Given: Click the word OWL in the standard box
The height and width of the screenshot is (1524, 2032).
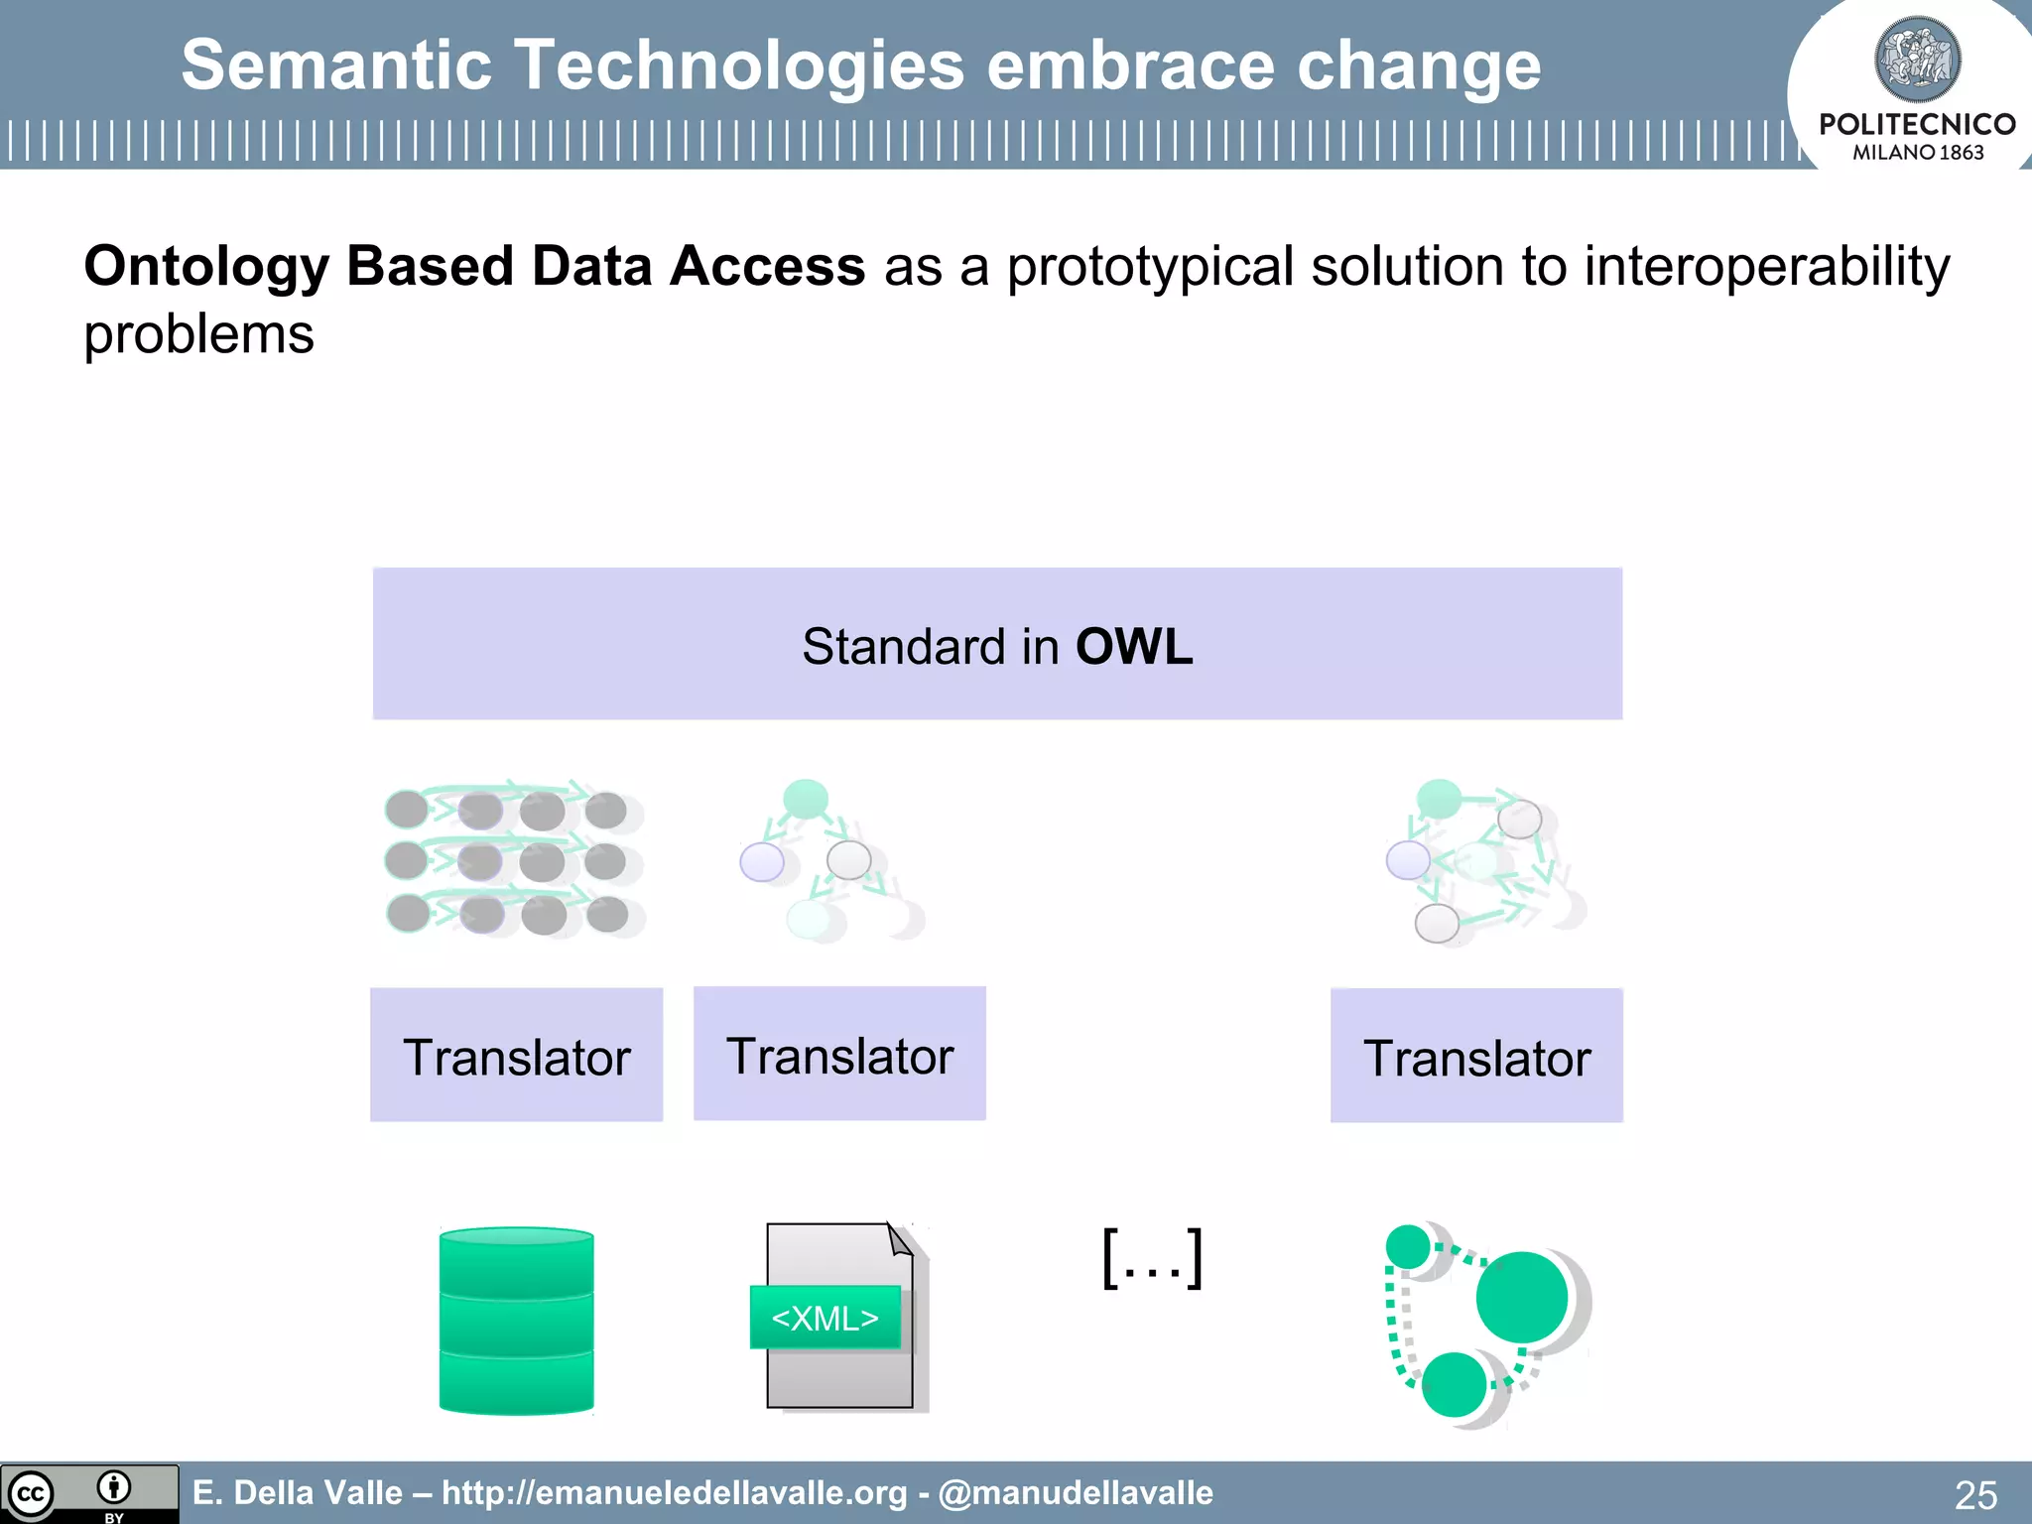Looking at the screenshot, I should click(1133, 647).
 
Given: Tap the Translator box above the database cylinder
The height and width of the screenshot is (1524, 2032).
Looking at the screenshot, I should click(516, 1056).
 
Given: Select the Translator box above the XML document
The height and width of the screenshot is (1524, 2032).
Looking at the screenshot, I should click(839, 1054).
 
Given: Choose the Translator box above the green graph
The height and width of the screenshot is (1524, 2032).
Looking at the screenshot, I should click(1476, 1056).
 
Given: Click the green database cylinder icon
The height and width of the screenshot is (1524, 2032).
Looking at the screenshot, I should click(516, 1320).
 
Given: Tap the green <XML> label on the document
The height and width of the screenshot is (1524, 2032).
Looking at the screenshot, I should click(825, 1318).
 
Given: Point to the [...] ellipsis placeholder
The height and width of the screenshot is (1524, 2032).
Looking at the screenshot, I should click(1153, 1258).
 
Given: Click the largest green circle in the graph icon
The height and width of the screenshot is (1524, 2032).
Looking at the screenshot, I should click(1521, 1297).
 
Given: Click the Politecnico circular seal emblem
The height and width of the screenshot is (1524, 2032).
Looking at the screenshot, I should click(1917, 60).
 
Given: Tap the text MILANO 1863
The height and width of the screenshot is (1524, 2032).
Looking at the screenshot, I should click(1917, 153).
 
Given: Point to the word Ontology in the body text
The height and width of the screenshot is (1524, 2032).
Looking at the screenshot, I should click(206, 267).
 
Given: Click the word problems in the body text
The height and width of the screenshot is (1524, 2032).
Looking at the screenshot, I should click(198, 334).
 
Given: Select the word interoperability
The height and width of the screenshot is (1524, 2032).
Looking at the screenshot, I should click(1766, 267).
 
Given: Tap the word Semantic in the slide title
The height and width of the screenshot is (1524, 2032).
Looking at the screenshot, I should click(336, 65).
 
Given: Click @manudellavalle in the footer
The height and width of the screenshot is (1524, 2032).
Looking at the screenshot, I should click(1076, 1492).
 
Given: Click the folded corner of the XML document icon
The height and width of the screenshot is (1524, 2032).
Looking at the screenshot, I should click(900, 1239).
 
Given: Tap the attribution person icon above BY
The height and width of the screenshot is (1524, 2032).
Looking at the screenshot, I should click(114, 1486).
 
